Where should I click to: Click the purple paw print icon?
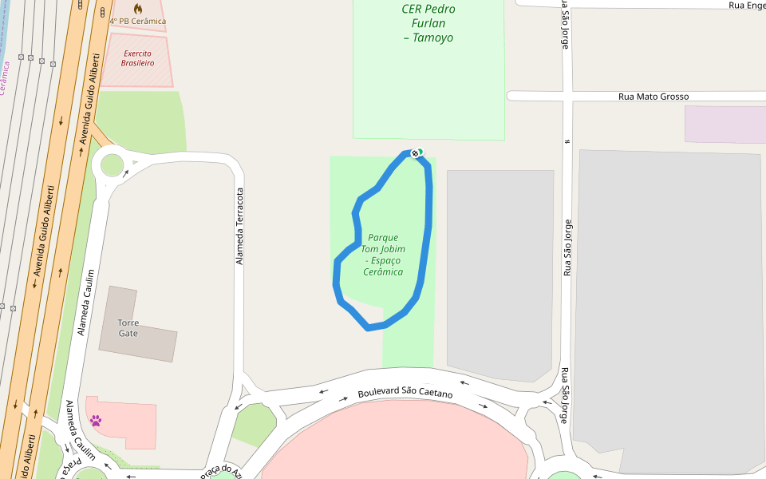click(96, 420)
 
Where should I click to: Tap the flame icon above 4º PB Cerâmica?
click(137, 9)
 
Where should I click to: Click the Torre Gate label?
click(128, 328)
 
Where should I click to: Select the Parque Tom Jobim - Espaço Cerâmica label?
click(382, 255)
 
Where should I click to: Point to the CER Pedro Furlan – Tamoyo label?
click(428, 23)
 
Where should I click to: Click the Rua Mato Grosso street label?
click(653, 97)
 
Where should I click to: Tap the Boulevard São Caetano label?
click(405, 394)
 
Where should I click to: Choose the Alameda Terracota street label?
click(239, 226)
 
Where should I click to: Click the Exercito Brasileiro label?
click(137, 58)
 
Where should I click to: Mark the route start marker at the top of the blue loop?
click(415, 152)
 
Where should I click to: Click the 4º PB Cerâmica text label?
click(137, 21)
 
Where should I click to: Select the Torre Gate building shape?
click(152, 339)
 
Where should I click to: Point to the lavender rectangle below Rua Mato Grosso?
click(725, 125)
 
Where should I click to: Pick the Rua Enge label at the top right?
click(746, 5)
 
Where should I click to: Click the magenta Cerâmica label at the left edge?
click(4, 77)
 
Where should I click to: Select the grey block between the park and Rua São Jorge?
click(499, 271)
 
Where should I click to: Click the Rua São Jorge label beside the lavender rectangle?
click(567, 247)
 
